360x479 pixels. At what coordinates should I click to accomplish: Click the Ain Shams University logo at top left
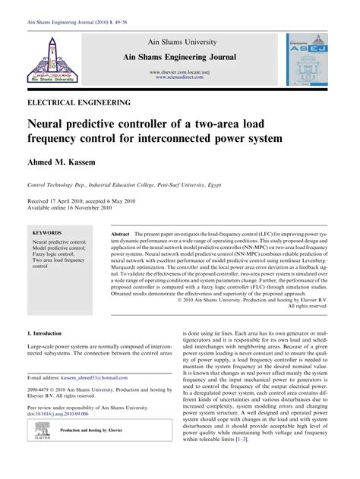point(51,59)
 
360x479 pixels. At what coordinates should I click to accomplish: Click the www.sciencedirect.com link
point(180,77)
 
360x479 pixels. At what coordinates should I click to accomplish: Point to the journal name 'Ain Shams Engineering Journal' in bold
point(180,57)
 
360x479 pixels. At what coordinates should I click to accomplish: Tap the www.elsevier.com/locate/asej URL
point(180,71)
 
